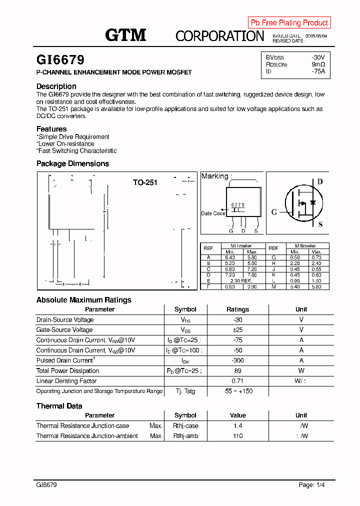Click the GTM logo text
click(125, 35)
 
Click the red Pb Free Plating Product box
click(289, 22)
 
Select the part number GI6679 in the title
click(60, 60)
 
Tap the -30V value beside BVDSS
click(317, 58)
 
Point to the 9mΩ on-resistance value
click(318, 64)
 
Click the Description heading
click(56, 86)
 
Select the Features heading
click(51, 129)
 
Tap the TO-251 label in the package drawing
click(145, 182)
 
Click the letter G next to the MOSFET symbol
click(274, 212)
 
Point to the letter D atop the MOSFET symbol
click(320, 181)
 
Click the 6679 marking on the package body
click(237, 205)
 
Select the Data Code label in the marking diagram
click(213, 213)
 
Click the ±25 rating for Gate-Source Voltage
click(237, 330)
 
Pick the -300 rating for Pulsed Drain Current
click(237, 360)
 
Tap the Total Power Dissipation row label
click(67, 371)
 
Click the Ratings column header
click(237, 309)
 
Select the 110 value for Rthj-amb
click(237, 436)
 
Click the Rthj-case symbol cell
click(185, 426)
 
